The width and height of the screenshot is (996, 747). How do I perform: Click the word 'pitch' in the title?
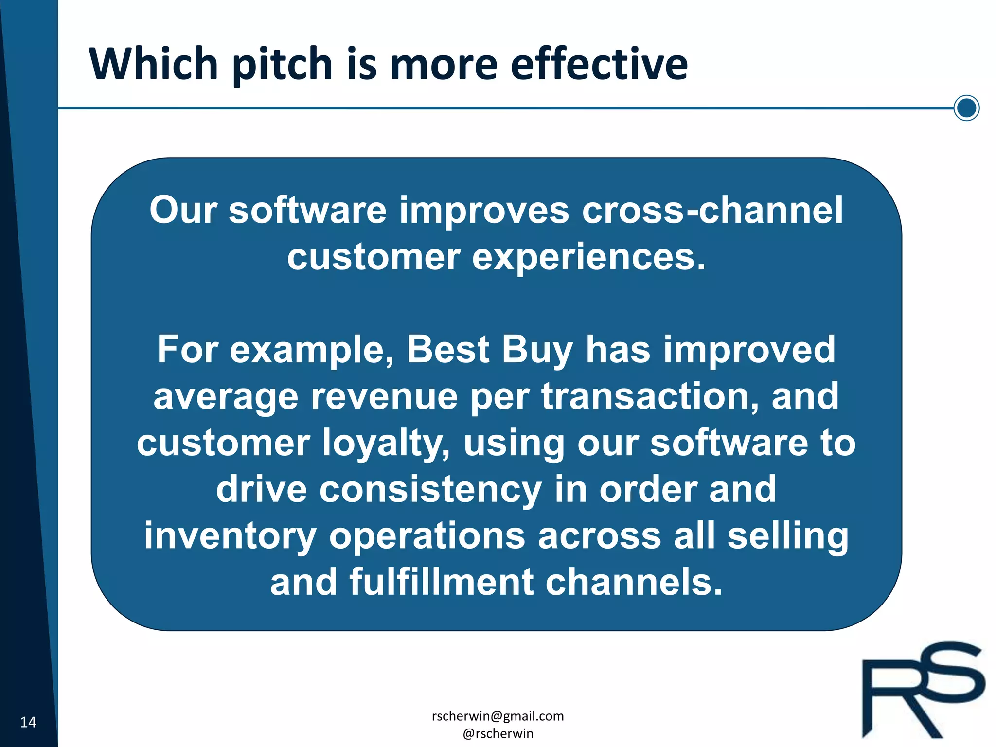click(282, 64)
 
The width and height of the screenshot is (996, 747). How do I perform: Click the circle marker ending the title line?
click(966, 108)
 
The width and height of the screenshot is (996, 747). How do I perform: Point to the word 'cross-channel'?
click(712, 210)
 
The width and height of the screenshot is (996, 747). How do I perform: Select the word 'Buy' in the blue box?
click(537, 350)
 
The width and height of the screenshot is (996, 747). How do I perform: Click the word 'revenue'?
click(384, 396)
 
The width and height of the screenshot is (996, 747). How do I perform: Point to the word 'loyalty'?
click(387, 444)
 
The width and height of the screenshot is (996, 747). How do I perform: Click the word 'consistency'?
click(430, 489)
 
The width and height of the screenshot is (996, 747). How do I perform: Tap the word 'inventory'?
click(230, 536)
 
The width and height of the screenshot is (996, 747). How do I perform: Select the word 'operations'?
click(427, 536)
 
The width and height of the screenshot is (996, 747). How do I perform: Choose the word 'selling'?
click(787, 536)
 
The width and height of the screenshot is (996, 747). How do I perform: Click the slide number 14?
click(28, 722)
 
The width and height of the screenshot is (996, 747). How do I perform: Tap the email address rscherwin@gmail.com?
click(498, 716)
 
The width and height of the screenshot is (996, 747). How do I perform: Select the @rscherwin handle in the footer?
click(498, 733)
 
